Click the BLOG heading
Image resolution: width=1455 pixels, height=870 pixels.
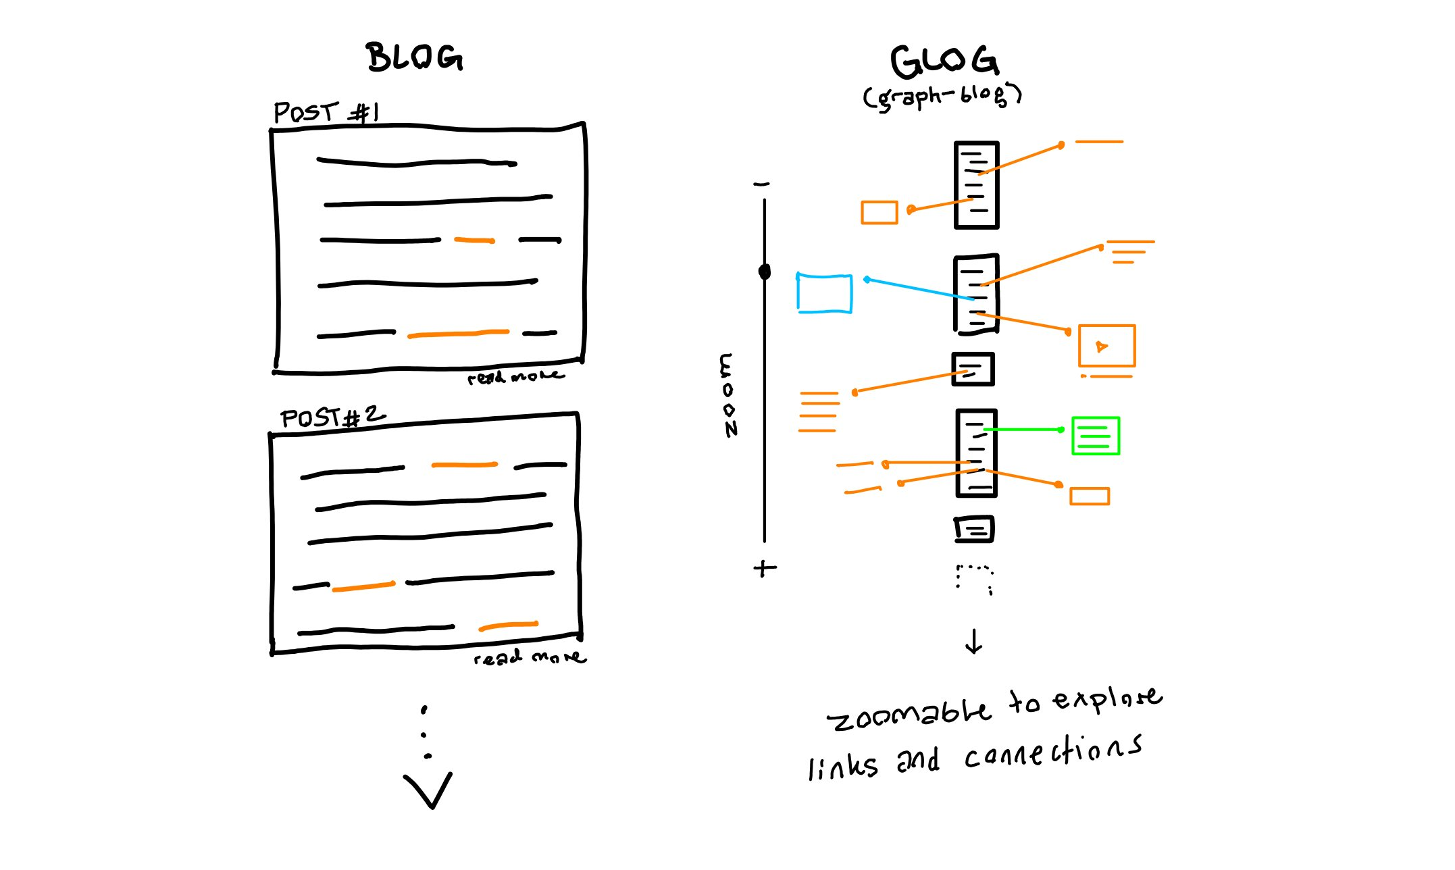click(415, 57)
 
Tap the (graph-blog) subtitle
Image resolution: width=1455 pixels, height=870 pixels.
click(942, 97)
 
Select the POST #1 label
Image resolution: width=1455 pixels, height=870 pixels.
click(326, 112)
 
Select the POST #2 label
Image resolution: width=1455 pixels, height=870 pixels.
click(333, 417)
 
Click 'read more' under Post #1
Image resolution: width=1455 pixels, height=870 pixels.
click(515, 377)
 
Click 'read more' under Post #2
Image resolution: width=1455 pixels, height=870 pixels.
click(530, 657)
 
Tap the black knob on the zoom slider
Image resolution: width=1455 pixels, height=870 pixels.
click(765, 272)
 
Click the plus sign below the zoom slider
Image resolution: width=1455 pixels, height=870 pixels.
click(765, 569)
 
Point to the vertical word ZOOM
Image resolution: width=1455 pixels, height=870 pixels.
click(727, 395)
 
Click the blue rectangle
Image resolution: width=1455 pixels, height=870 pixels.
click(824, 293)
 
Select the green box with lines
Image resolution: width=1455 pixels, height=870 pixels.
click(1096, 436)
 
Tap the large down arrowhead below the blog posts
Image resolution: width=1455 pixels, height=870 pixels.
click(428, 790)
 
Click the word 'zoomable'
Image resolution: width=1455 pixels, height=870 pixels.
click(909, 714)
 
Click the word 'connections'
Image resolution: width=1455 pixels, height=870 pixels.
click(1052, 752)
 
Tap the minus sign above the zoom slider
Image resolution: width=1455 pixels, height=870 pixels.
click(761, 184)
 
